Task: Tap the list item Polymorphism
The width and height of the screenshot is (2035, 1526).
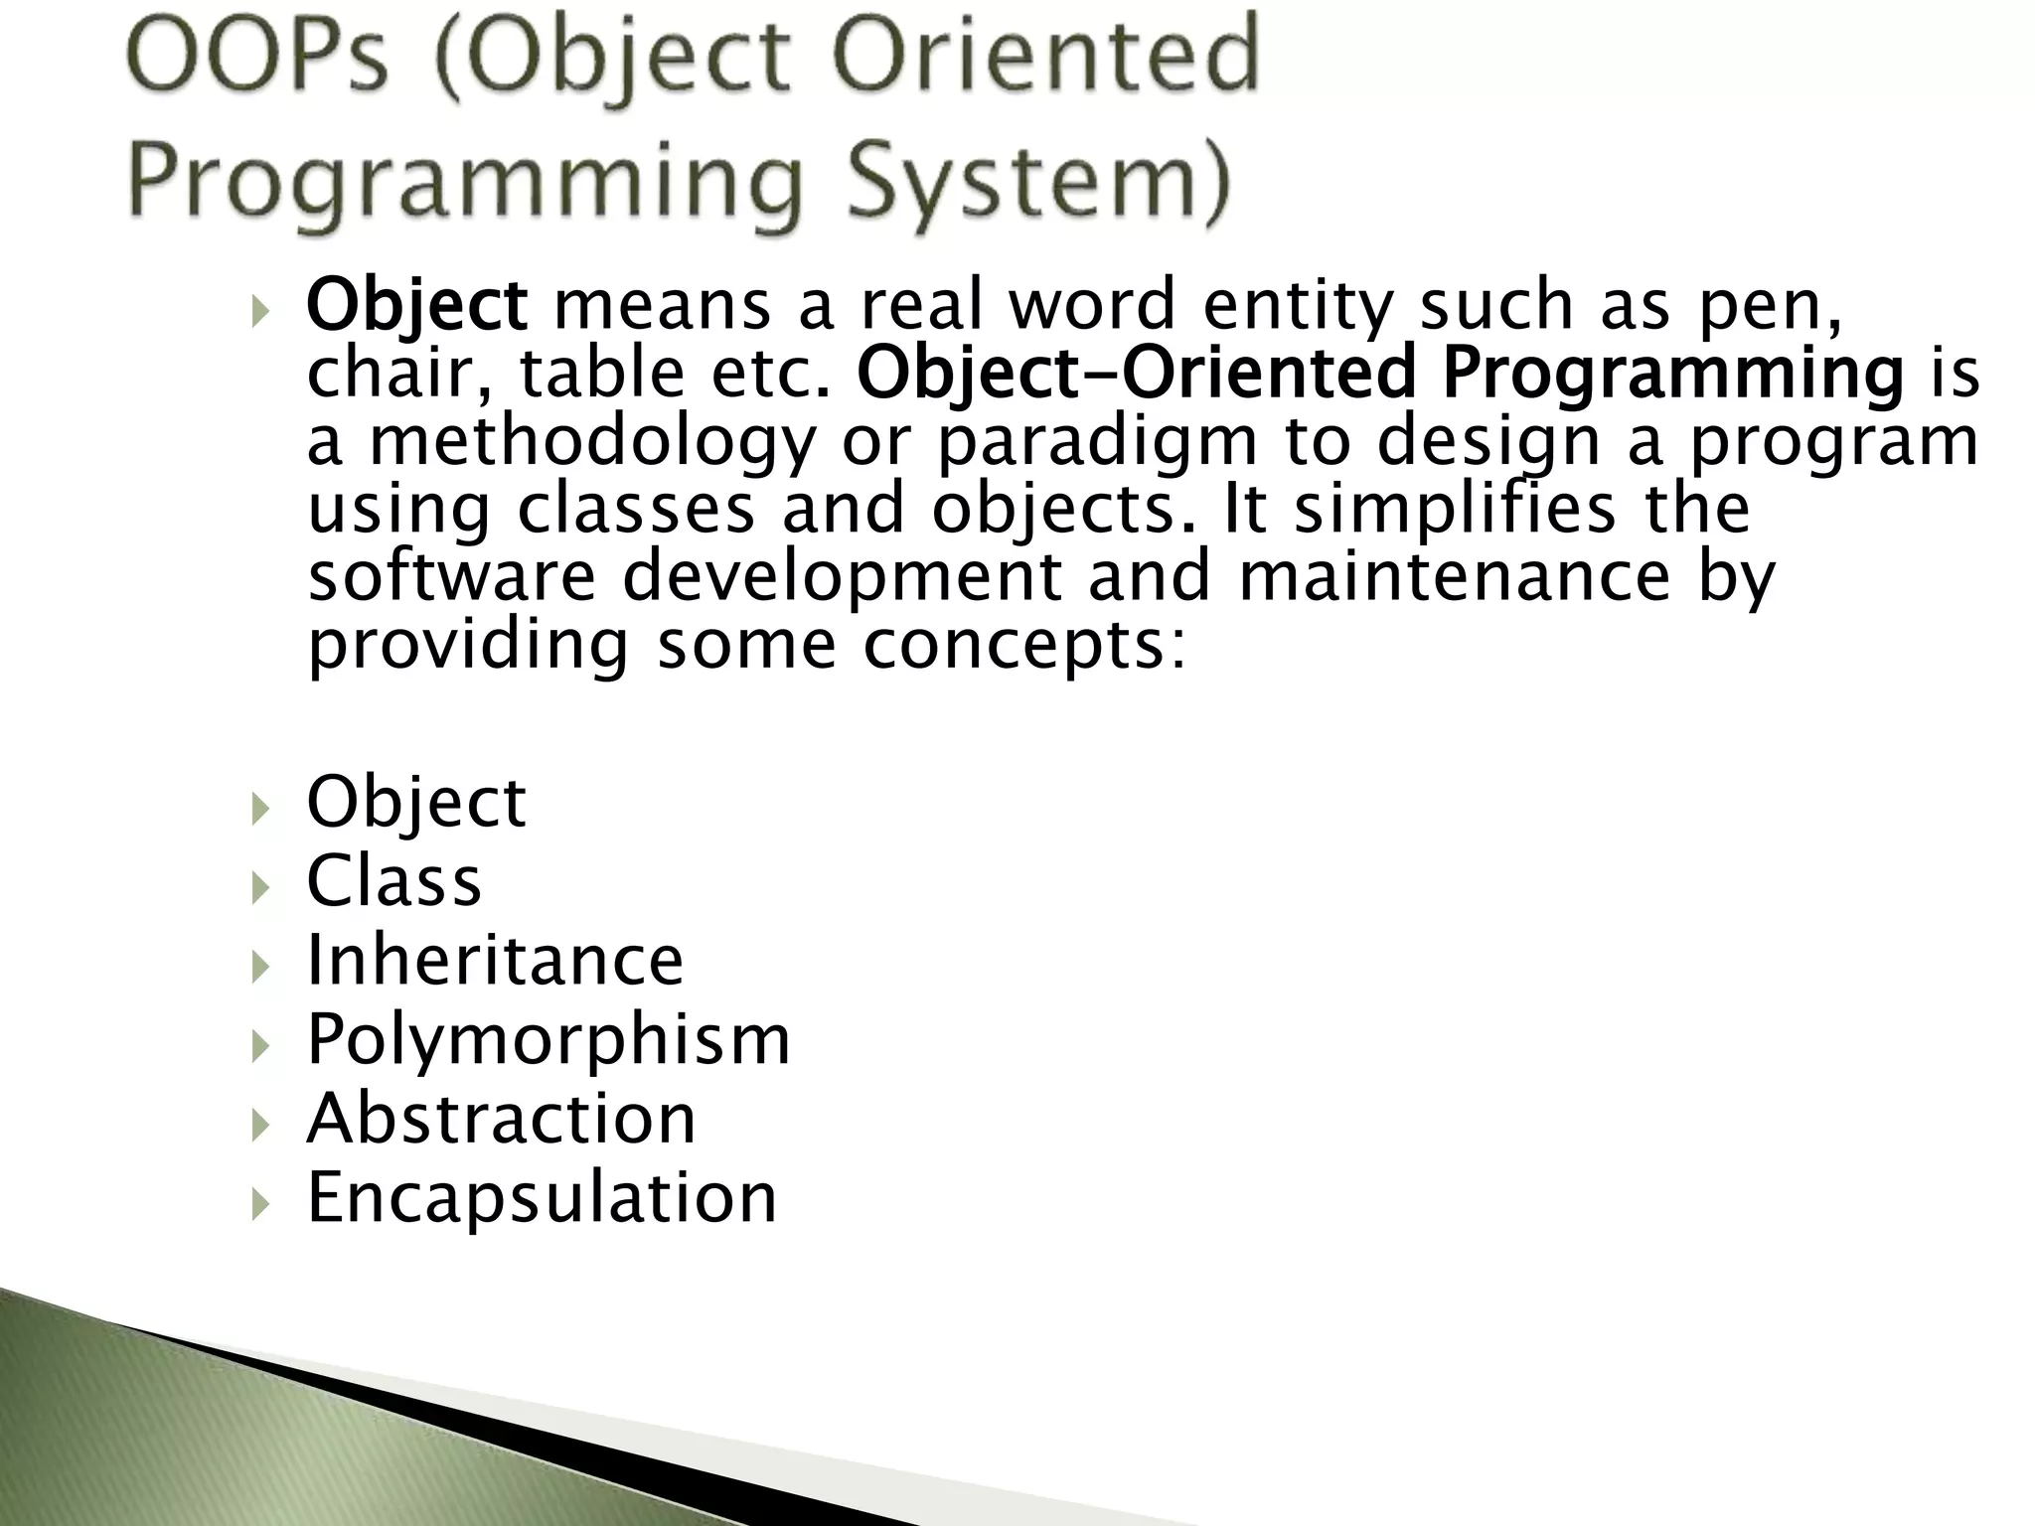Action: click(x=548, y=1041)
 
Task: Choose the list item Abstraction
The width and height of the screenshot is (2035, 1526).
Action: click(x=502, y=1119)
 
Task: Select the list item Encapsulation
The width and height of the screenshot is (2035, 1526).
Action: click(x=542, y=1198)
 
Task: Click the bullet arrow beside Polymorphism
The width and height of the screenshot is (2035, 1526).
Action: click(x=260, y=1045)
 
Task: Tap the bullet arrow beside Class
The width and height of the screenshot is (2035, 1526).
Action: click(x=260, y=886)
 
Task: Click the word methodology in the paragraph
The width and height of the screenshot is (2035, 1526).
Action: click(x=592, y=443)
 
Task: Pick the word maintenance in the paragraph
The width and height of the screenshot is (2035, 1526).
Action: click(x=1455, y=576)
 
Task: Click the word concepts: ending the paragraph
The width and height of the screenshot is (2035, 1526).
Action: click(x=1023, y=646)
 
